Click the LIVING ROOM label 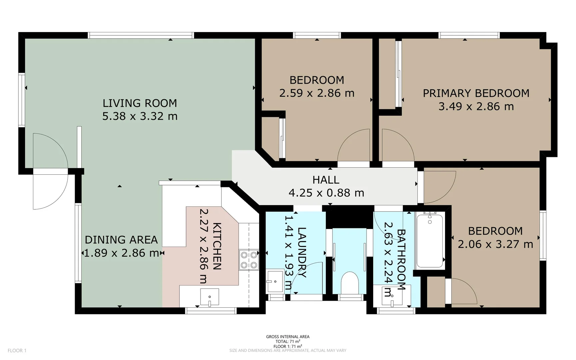140,103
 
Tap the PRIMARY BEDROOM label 476,93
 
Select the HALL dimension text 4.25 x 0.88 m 326,193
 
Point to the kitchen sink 210,297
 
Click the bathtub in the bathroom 430,241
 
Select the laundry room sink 275,282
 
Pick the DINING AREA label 121,240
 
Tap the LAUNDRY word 302,252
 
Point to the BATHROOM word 401,260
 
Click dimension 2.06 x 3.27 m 495,244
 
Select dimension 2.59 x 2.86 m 317,93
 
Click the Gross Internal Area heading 288,337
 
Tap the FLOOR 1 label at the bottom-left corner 17,350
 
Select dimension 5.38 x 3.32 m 140,116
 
